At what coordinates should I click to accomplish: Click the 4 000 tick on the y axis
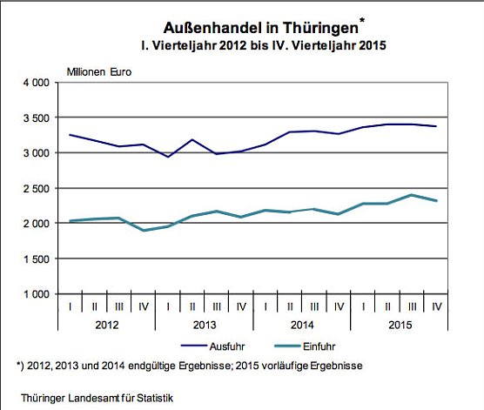coord(37,83)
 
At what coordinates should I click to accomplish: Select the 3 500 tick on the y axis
coord(37,118)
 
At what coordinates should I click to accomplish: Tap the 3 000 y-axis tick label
coord(37,153)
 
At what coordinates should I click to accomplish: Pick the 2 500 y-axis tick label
coord(37,188)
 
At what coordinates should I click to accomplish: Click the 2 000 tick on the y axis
coord(37,224)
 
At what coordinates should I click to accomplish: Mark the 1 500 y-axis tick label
coord(37,259)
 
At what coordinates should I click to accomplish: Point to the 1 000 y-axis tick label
coord(37,294)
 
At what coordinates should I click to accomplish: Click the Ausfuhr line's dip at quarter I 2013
coord(168,157)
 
